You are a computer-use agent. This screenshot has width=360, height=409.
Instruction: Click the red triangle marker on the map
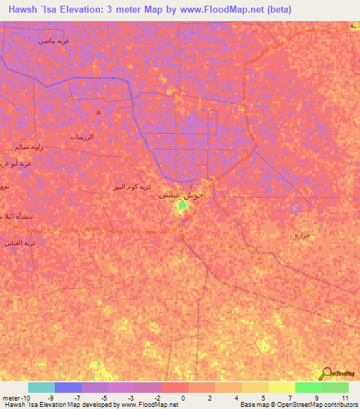click(x=98, y=112)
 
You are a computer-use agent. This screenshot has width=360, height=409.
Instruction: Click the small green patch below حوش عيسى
click(x=182, y=205)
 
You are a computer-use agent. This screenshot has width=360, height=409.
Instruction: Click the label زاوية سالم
click(x=29, y=148)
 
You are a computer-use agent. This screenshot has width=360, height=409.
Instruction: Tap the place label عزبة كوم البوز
click(x=132, y=188)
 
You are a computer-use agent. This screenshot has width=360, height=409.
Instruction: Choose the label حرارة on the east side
click(x=302, y=234)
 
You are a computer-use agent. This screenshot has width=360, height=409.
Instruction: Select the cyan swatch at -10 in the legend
click(x=41, y=387)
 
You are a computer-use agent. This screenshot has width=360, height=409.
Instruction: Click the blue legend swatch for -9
click(x=68, y=387)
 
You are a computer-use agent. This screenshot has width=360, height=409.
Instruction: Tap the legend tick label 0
click(x=182, y=398)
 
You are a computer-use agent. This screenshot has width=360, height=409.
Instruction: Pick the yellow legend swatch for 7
click(x=282, y=387)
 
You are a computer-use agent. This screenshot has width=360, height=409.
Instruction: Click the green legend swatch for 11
click(x=335, y=387)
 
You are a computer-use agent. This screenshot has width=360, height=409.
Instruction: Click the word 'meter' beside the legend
click(x=10, y=398)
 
